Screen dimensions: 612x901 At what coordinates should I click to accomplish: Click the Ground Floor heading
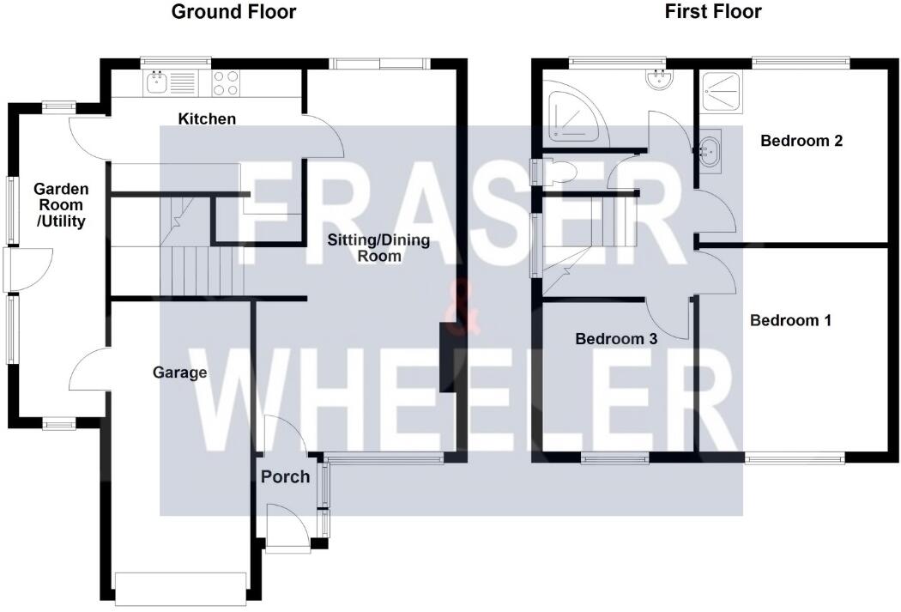[233, 12]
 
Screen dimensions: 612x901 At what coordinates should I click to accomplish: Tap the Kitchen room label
[207, 119]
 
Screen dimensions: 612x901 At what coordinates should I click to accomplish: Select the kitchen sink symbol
[158, 82]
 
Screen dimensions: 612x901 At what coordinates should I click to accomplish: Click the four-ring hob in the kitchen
[226, 82]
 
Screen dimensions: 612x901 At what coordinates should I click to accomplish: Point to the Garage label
[180, 373]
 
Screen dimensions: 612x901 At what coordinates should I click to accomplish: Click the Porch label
[285, 476]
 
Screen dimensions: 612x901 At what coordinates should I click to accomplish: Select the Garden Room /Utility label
[58, 205]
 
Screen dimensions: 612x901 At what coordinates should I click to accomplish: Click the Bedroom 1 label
[790, 321]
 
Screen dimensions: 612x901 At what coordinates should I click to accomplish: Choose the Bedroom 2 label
[801, 141]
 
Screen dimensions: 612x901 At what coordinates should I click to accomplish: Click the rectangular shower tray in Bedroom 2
[723, 91]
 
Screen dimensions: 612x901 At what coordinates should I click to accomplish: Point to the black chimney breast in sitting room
[448, 357]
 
